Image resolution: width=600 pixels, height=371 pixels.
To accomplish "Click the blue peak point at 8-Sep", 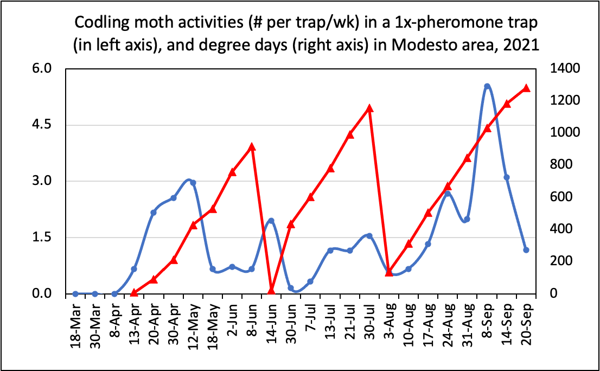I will coord(487,86).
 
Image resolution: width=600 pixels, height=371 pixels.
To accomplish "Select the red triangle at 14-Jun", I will coord(271,291).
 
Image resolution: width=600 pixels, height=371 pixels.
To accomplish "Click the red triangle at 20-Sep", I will coord(526,88).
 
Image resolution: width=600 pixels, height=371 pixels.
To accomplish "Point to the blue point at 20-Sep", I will coord(526,250).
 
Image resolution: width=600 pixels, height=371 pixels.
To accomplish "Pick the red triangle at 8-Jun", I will coord(252,146).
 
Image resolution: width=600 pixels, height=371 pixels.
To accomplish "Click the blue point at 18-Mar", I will coord(75,293).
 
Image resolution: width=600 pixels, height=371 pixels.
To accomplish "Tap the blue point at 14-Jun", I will coord(271,220).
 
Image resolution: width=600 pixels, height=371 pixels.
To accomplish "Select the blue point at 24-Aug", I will coord(448,194).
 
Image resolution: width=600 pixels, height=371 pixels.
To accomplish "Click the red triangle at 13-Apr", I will coord(134,292).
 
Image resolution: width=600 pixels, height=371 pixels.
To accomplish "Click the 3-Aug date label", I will coord(390,323).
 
